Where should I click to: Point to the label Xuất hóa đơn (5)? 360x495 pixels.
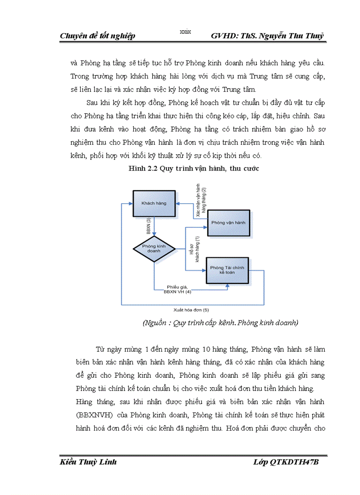191,310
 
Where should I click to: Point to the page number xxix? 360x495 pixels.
185,31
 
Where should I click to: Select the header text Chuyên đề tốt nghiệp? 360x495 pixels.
97,36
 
